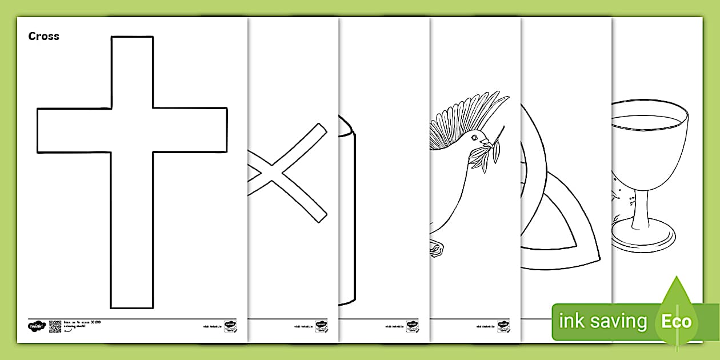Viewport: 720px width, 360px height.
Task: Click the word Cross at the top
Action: click(x=43, y=36)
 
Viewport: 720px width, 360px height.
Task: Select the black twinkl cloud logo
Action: click(x=36, y=326)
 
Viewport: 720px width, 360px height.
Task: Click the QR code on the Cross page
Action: click(x=55, y=326)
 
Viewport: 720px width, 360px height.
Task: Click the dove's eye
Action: click(x=474, y=137)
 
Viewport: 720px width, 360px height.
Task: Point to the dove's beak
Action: click(x=485, y=141)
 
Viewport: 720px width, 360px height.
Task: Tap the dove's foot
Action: click(x=436, y=247)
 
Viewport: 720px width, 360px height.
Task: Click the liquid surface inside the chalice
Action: click(x=646, y=121)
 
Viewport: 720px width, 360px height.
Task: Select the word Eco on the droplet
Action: click(x=677, y=321)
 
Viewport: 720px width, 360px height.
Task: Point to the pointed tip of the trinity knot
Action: click(x=594, y=257)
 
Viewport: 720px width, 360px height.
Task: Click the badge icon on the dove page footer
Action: click(x=503, y=326)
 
